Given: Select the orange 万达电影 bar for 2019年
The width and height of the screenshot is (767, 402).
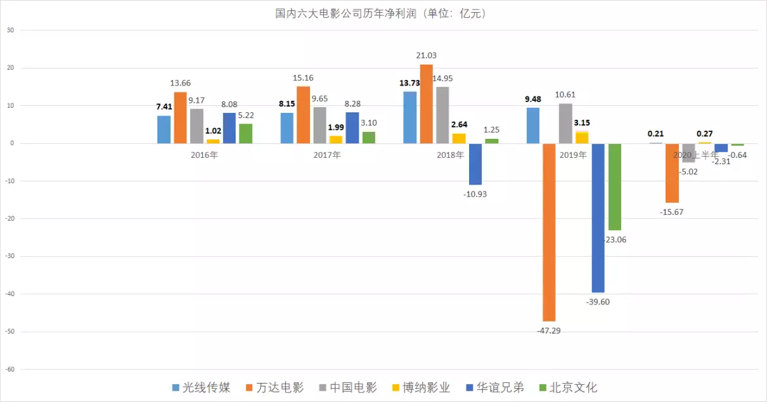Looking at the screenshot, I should pos(549,232).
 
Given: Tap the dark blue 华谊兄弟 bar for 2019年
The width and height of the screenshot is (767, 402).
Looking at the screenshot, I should pos(598,217).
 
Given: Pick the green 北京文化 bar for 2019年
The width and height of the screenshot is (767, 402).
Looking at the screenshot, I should pos(614,186).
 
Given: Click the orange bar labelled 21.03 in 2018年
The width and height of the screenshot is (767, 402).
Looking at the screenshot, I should pos(427,104).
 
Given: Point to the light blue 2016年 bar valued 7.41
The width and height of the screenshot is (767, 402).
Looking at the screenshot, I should pos(164,129).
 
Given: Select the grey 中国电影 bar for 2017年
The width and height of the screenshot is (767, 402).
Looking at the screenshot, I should pos(319,125).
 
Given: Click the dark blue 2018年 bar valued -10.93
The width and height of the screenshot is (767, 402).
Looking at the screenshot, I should pos(475,164).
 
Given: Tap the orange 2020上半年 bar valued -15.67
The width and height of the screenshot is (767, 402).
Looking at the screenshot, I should pos(672,172).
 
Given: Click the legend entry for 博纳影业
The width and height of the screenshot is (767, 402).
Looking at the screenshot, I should pos(422,387).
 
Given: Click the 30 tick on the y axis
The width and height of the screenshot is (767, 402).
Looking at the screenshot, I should pos(11,30).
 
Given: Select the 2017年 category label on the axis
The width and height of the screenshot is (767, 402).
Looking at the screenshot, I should pos(328,155).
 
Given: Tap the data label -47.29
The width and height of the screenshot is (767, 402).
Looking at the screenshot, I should pos(549,330).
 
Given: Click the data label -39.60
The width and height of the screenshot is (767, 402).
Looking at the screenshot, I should pos(598,302).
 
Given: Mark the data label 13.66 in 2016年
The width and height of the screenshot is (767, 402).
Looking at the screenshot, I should pos(180,83).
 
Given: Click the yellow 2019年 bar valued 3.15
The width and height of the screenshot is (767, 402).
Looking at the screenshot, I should pos(582,138).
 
